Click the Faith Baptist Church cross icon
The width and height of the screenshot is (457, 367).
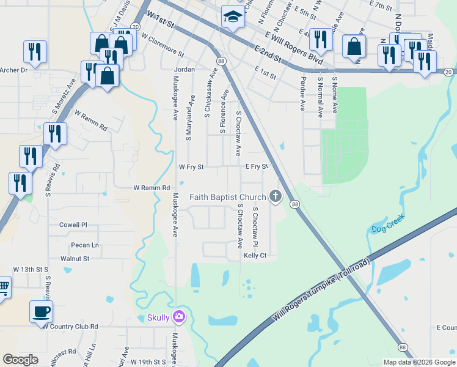coord(276,196)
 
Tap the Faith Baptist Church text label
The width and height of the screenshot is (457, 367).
coord(227,197)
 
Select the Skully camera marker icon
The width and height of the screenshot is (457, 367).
coord(179,316)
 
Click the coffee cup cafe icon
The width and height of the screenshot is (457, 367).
coord(42,311)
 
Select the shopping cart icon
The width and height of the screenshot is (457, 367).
coord(3,286)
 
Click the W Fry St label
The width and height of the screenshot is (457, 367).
coord(191,166)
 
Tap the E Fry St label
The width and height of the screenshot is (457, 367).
coord(257,166)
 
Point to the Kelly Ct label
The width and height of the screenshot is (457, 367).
coord(255,255)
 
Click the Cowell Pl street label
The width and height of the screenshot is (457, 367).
coord(73,224)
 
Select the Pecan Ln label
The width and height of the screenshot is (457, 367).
coord(85,245)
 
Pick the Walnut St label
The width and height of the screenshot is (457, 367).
coord(75,259)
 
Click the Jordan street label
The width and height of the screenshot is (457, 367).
coord(185,70)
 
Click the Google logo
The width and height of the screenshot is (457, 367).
coord(20,360)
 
